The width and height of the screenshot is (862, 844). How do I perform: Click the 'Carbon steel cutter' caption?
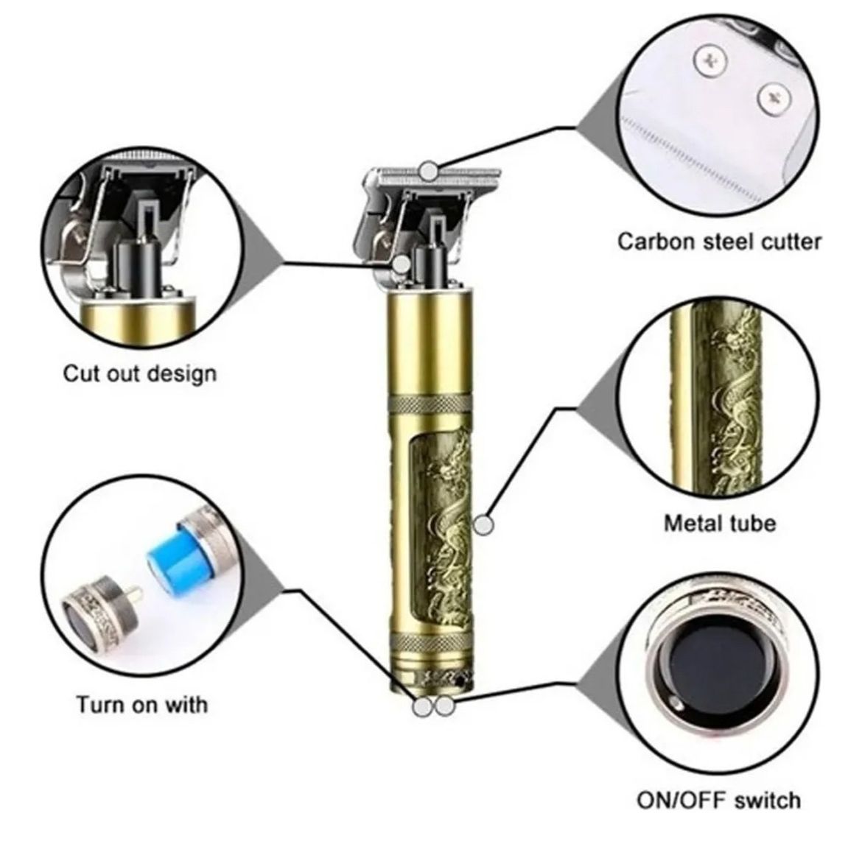(719, 242)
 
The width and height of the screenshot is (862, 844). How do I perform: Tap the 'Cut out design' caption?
(140, 373)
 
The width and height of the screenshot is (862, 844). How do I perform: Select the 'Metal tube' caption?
(720, 523)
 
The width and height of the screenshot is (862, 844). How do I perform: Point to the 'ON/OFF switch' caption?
(718, 800)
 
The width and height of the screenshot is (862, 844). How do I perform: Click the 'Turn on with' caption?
(142, 704)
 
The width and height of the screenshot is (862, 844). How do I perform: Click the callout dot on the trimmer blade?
(429, 171)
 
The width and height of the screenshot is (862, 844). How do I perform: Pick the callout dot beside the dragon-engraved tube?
(484, 525)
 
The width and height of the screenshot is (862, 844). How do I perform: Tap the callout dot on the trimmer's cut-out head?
(402, 264)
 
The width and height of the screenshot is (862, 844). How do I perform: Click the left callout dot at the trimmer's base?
(423, 706)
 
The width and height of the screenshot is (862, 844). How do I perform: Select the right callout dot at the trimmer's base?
(445, 706)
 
